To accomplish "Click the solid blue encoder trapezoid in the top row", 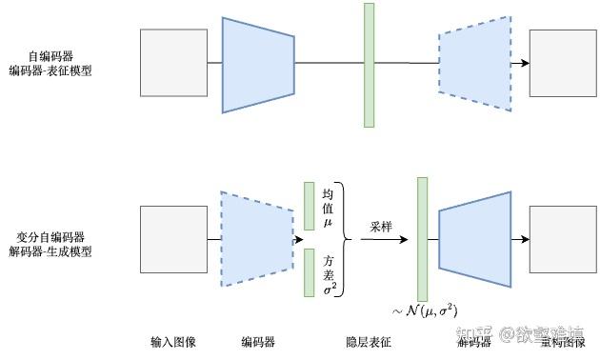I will coord(258,64).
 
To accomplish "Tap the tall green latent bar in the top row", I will coord(369,65).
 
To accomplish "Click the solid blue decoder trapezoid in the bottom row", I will coord(475,239).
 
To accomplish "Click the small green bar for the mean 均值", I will coord(309,206).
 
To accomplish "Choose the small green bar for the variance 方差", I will coord(309,271).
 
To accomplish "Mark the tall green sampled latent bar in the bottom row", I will coord(423,239).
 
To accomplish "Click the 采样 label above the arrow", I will coord(382,227).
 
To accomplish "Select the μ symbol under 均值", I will coord(328,222).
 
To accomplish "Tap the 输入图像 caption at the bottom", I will coord(172,341).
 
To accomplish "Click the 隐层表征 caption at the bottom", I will coord(368,341).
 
